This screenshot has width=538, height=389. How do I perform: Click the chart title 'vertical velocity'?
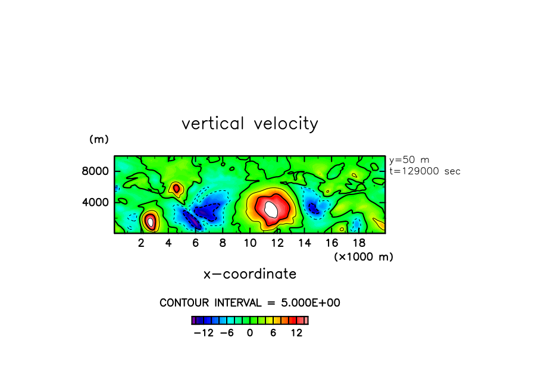249,124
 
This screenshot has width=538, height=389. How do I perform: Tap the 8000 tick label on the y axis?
96,171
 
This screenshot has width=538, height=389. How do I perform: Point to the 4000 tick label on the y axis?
96,202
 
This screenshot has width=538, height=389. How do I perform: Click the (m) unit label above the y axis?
99,140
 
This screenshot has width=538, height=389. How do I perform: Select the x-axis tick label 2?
141,243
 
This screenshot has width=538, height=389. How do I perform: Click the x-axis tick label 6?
195,243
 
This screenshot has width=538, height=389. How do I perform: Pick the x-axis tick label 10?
249,243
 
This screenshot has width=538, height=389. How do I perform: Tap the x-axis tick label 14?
304,243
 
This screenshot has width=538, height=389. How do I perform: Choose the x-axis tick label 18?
358,243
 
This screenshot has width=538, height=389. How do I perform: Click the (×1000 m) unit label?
363,256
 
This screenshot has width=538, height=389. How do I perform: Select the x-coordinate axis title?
250,274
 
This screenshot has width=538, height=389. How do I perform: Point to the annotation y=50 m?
409,160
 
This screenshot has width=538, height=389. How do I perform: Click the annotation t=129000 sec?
424,171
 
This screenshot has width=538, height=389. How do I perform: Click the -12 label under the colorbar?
204,333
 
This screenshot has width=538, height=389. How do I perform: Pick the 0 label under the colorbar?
250,333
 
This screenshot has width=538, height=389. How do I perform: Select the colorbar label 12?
296,333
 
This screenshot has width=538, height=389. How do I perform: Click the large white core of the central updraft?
271,209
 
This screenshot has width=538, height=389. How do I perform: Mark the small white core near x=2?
151,222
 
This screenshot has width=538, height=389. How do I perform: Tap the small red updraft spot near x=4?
176,189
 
